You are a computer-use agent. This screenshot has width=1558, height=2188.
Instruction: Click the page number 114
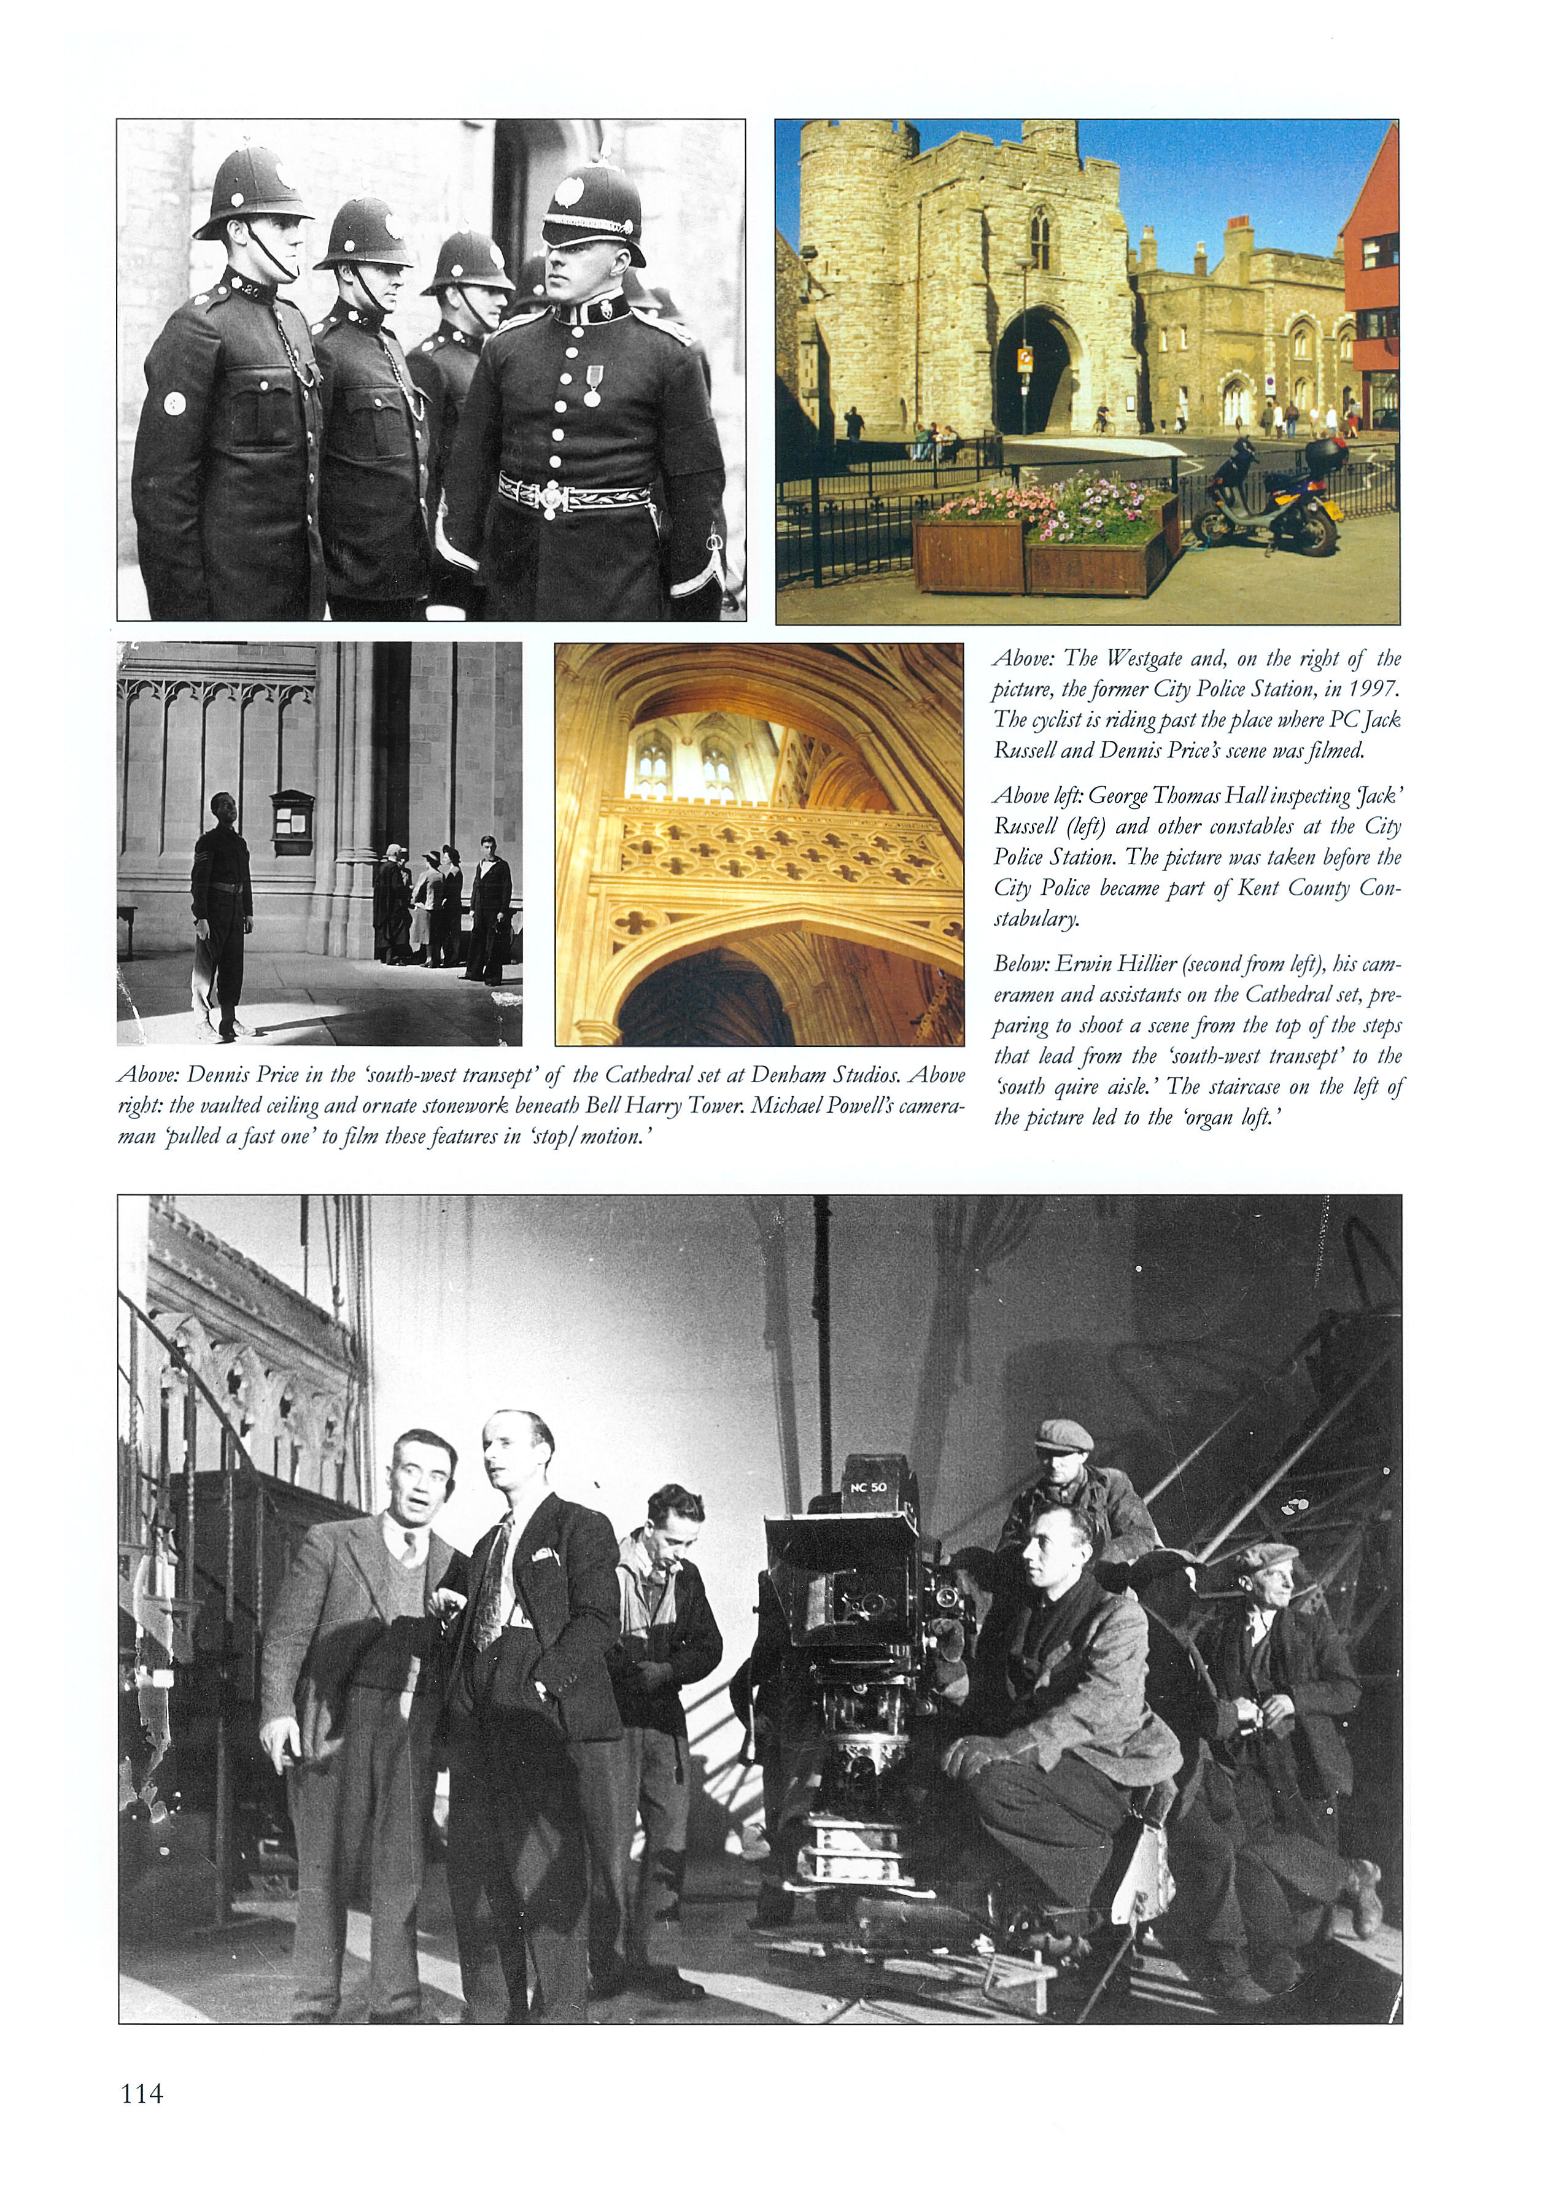pyautogui.click(x=142, y=2093)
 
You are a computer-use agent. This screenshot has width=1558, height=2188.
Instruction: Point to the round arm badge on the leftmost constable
pyautogui.click(x=174, y=403)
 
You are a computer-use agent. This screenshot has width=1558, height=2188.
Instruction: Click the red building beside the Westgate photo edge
pyautogui.click(x=1372, y=288)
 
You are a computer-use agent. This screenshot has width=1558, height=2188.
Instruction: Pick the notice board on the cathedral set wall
pyautogui.click(x=292, y=822)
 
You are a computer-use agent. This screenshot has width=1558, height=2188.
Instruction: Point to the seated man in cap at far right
pyautogui.click(x=1276, y=1669)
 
